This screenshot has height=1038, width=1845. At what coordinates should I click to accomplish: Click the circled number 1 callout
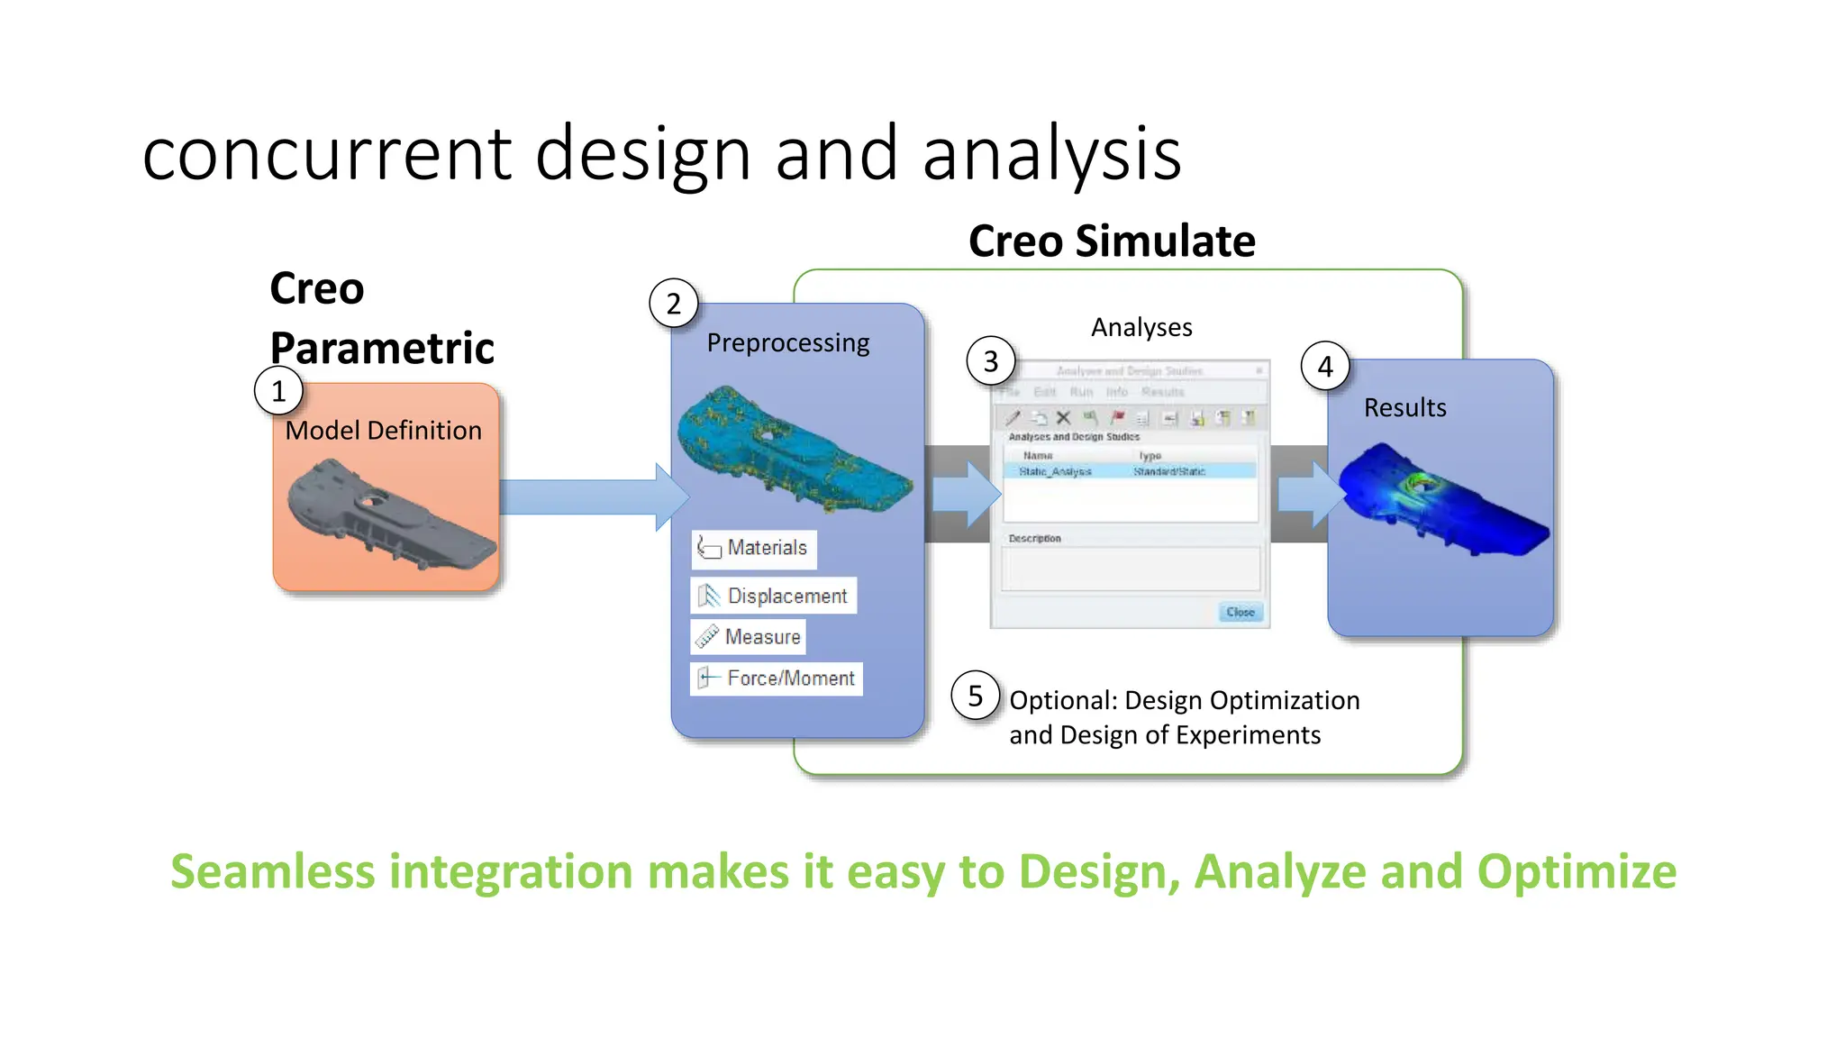pyautogui.click(x=278, y=391)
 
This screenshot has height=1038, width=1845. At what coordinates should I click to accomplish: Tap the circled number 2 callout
pyautogui.click(x=673, y=304)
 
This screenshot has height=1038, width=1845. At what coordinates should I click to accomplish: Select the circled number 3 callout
pyautogui.click(x=990, y=361)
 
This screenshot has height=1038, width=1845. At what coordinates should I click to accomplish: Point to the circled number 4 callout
pyautogui.click(x=1324, y=367)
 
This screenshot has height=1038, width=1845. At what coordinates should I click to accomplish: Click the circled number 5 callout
pyautogui.click(x=975, y=696)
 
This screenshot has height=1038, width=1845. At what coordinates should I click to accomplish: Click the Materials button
pyautogui.click(x=754, y=548)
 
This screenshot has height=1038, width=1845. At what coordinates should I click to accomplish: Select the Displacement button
pyautogui.click(x=774, y=596)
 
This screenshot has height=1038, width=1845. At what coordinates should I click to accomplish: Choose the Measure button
pyautogui.click(x=749, y=637)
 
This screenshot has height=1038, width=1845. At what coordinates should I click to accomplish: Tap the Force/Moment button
pyautogui.click(x=777, y=678)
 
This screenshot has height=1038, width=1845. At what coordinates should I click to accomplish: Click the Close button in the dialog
pyautogui.click(x=1240, y=612)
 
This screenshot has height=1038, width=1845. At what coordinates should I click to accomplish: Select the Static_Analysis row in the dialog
pyautogui.click(x=1130, y=471)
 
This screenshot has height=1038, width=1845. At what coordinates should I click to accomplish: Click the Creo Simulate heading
pyautogui.click(x=1111, y=241)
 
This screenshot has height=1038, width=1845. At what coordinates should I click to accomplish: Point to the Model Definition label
pyautogui.click(x=383, y=431)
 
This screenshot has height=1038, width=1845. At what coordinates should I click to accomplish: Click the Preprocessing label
pyautogui.click(x=788, y=343)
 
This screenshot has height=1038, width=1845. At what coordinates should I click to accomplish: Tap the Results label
pyautogui.click(x=1404, y=408)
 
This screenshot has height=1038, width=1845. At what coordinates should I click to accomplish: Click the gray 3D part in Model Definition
pyautogui.click(x=387, y=514)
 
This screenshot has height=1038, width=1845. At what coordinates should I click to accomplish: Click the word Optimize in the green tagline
pyautogui.click(x=1576, y=872)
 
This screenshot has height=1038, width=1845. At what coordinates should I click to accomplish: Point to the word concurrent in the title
pyautogui.click(x=328, y=154)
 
